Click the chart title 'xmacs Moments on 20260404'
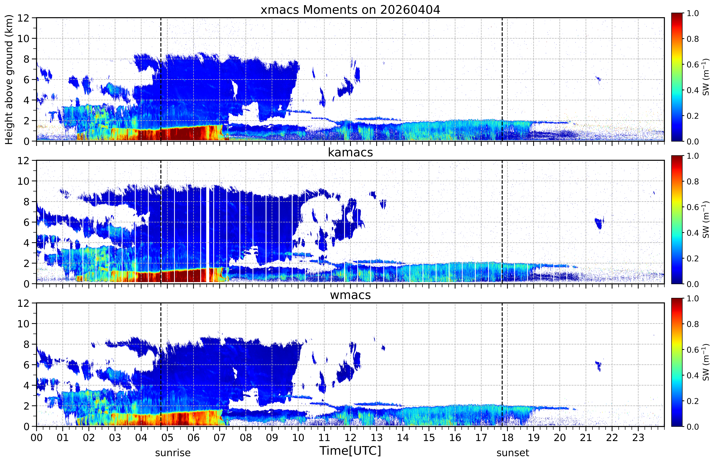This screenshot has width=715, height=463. (x=350, y=10)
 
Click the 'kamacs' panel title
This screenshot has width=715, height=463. (x=350, y=152)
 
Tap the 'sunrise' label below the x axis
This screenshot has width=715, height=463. (x=173, y=453)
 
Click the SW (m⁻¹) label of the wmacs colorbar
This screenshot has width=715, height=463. (x=706, y=362)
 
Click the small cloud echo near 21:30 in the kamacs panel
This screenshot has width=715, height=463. (x=599, y=223)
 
